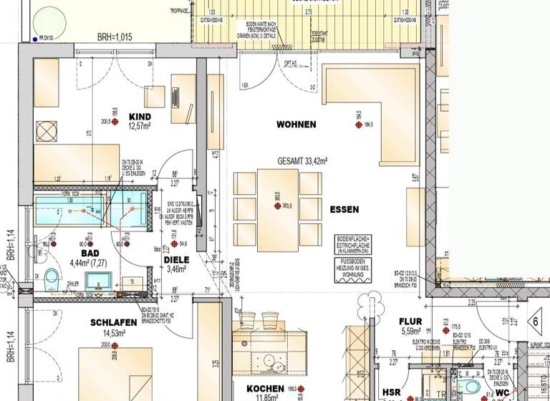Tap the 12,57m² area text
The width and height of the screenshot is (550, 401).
tap(139, 126)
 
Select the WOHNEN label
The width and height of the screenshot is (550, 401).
tap(296, 125)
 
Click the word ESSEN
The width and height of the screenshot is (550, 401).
tap(344, 210)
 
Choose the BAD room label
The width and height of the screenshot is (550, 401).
tap(90, 253)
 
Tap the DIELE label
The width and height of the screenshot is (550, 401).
tap(176, 260)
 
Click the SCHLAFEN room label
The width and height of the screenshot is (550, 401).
tap(113, 323)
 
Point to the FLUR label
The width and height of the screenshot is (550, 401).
tap(412, 322)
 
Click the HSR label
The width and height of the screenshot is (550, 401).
tap(391, 392)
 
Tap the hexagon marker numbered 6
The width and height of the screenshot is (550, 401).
tap(534, 322)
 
